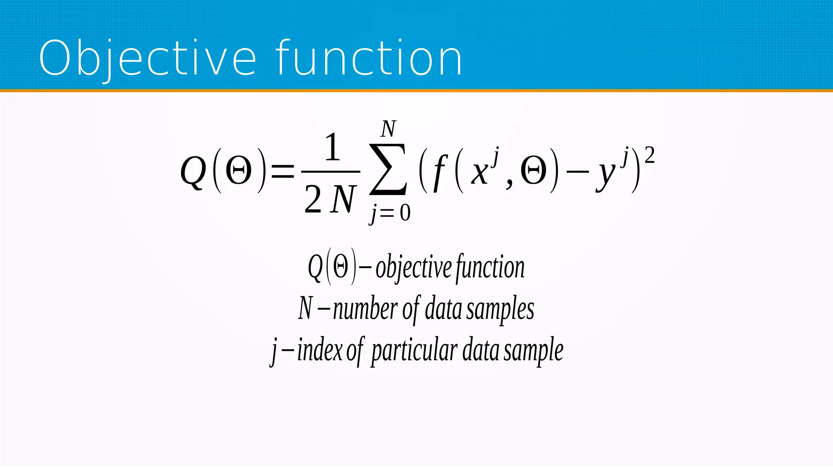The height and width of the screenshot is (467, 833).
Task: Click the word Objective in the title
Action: click(x=147, y=58)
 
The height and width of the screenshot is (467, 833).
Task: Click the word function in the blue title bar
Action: click(x=369, y=58)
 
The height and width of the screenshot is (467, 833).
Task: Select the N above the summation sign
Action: click(x=388, y=129)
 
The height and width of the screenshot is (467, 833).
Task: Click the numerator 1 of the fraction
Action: click(x=332, y=147)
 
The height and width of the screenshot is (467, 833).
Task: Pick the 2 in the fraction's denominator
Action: click(x=313, y=200)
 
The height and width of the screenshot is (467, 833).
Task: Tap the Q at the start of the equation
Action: click(x=193, y=171)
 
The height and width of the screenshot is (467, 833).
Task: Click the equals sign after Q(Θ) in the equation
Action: click(x=282, y=170)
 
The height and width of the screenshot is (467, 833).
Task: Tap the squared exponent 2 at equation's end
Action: click(x=650, y=156)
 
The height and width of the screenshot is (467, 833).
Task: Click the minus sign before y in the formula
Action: click(x=578, y=171)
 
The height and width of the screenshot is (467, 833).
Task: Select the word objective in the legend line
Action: click(x=413, y=268)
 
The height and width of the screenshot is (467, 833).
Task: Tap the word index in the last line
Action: click(x=320, y=350)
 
